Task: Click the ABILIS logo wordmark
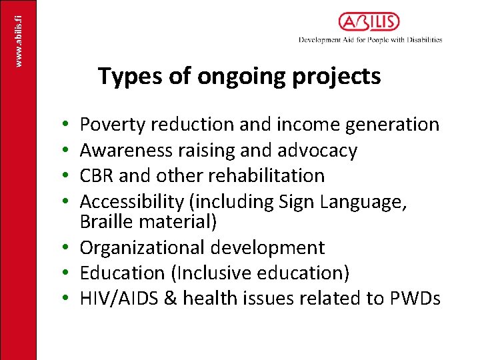tap(369, 22)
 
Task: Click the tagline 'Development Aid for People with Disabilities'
tap(370, 40)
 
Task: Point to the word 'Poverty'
tap(112, 125)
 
